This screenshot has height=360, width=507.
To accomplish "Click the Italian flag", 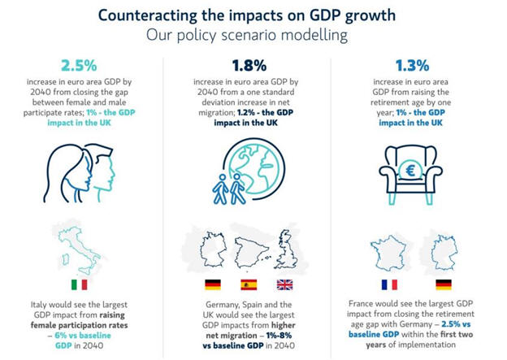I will [x=80, y=285].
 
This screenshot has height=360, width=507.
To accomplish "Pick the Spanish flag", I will [x=249, y=285].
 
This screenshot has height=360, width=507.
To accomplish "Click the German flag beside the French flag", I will [x=444, y=285].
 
